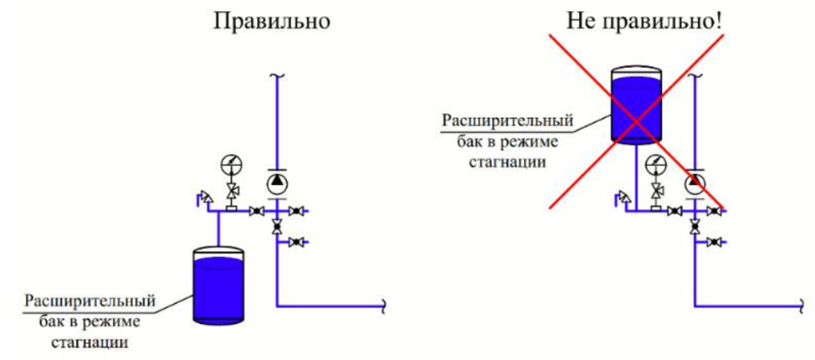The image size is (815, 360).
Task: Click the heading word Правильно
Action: pyautogui.click(x=272, y=23)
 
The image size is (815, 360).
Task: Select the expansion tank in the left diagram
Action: pyautogui.click(x=217, y=285)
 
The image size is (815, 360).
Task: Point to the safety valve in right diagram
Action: pyautogui.click(x=623, y=198)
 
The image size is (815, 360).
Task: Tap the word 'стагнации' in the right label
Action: pyautogui.click(x=510, y=162)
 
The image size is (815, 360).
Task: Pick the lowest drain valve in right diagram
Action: pyautogui.click(x=714, y=242)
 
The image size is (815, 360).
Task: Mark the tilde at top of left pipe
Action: pyautogui.click(x=277, y=76)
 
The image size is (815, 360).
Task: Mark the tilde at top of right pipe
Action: pyautogui.click(x=695, y=76)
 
